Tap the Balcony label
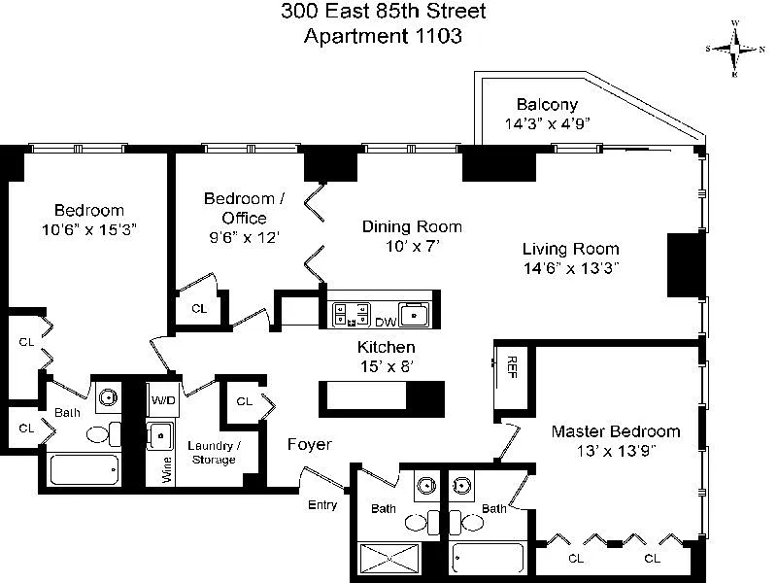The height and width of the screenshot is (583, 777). (x=547, y=105)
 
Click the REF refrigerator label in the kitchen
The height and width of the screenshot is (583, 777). (x=512, y=365)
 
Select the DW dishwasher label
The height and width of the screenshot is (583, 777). (x=387, y=322)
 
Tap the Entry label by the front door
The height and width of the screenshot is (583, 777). (x=322, y=505)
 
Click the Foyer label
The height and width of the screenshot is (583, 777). (x=310, y=445)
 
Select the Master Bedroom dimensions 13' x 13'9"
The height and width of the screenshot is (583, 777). (x=616, y=450)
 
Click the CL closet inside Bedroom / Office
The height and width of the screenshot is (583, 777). (x=199, y=308)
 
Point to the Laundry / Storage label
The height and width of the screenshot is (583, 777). (x=213, y=452)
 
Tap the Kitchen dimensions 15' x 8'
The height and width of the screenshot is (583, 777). (x=388, y=365)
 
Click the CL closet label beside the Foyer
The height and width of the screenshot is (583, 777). (x=244, y=401)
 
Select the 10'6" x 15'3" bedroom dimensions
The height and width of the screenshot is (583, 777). (x=89, y=229)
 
